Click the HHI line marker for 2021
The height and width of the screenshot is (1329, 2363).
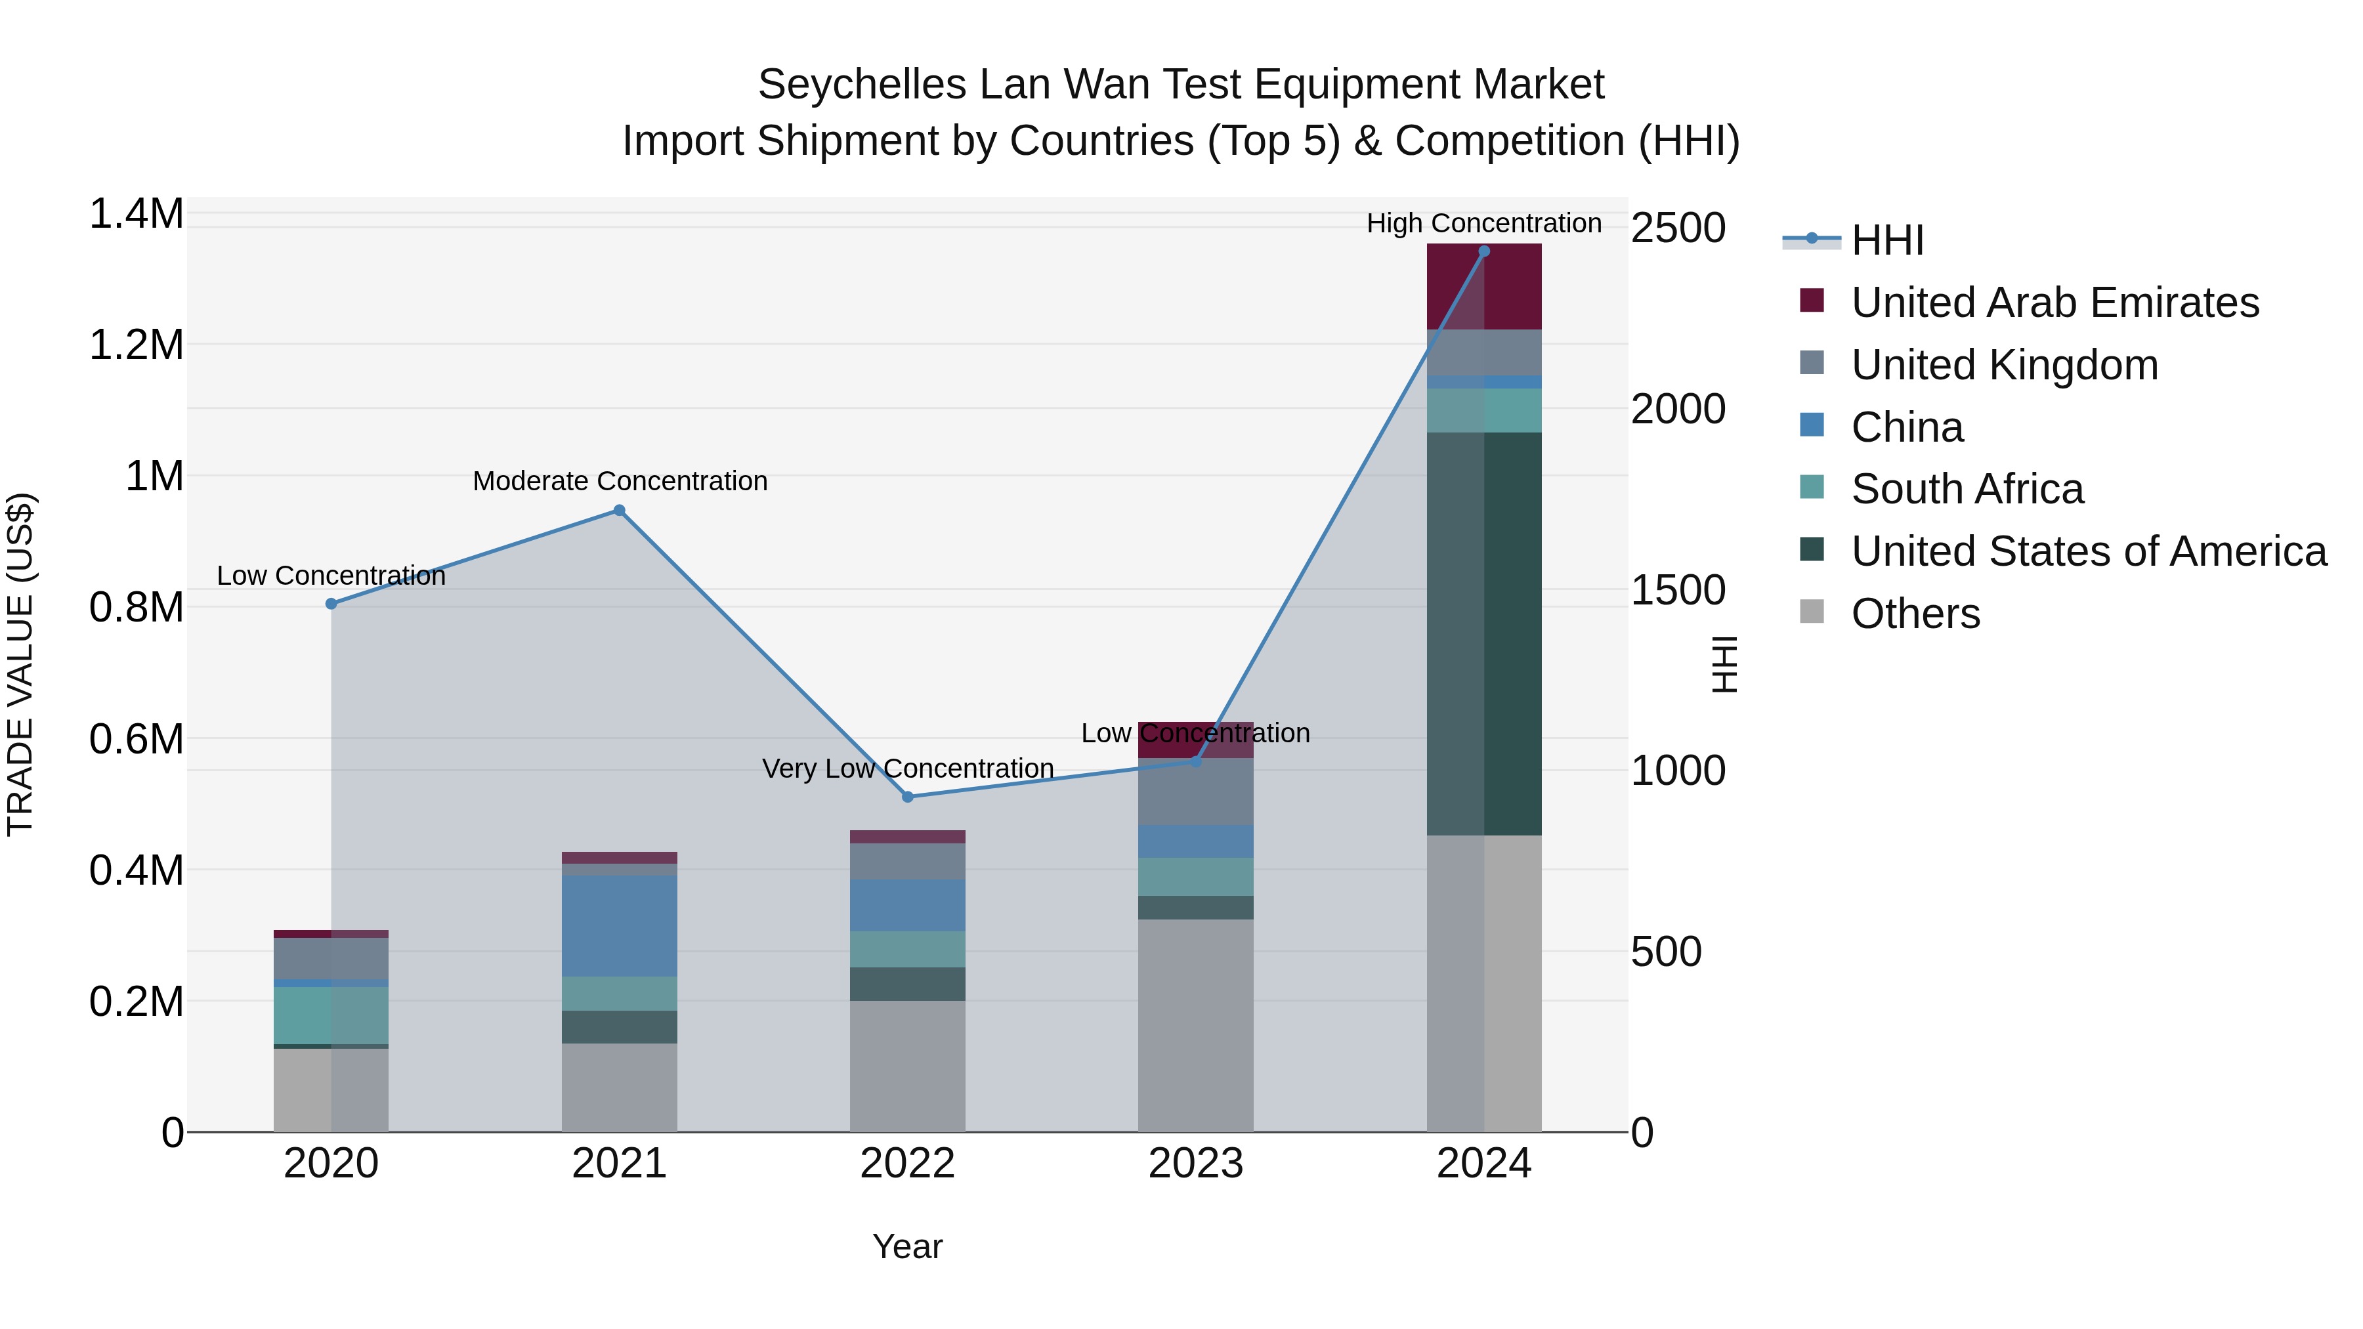(x=619, y=511)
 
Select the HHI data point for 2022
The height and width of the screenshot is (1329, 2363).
(x=907, y=797)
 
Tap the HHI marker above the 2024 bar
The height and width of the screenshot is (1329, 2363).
(x=1484, y=251)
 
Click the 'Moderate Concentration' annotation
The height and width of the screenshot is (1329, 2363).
(x=620, y=482)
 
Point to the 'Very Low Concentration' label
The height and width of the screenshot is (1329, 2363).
(x=907, y=769)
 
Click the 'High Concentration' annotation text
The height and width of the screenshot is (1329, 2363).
(x=1483, y=224)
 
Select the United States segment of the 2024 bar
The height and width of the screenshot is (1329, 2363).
(x=1484, y=633)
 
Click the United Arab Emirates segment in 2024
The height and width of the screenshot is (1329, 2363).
(x=1484, y=286)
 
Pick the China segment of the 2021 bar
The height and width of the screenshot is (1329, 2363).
(x=619, y=925)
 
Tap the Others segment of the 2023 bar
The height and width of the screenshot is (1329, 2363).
(x=1195, y=1024)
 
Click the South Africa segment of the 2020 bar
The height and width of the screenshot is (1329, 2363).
(x=331, y=1015)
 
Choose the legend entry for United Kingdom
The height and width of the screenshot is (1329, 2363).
(x=2005, y=365)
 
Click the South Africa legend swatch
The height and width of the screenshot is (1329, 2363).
(x=1812, y=487)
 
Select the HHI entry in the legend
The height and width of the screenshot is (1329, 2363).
(x=1887, y=240)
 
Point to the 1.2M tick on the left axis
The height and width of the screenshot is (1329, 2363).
(x=137, y=346)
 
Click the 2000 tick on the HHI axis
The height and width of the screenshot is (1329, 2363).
(x=1678, y=409)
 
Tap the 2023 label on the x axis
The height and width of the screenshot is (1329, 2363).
(x=1195, y=1164)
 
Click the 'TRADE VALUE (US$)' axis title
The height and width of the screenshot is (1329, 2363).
(x=20, y=664)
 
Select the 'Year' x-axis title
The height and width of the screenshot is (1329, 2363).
(x=907, y=1246)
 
